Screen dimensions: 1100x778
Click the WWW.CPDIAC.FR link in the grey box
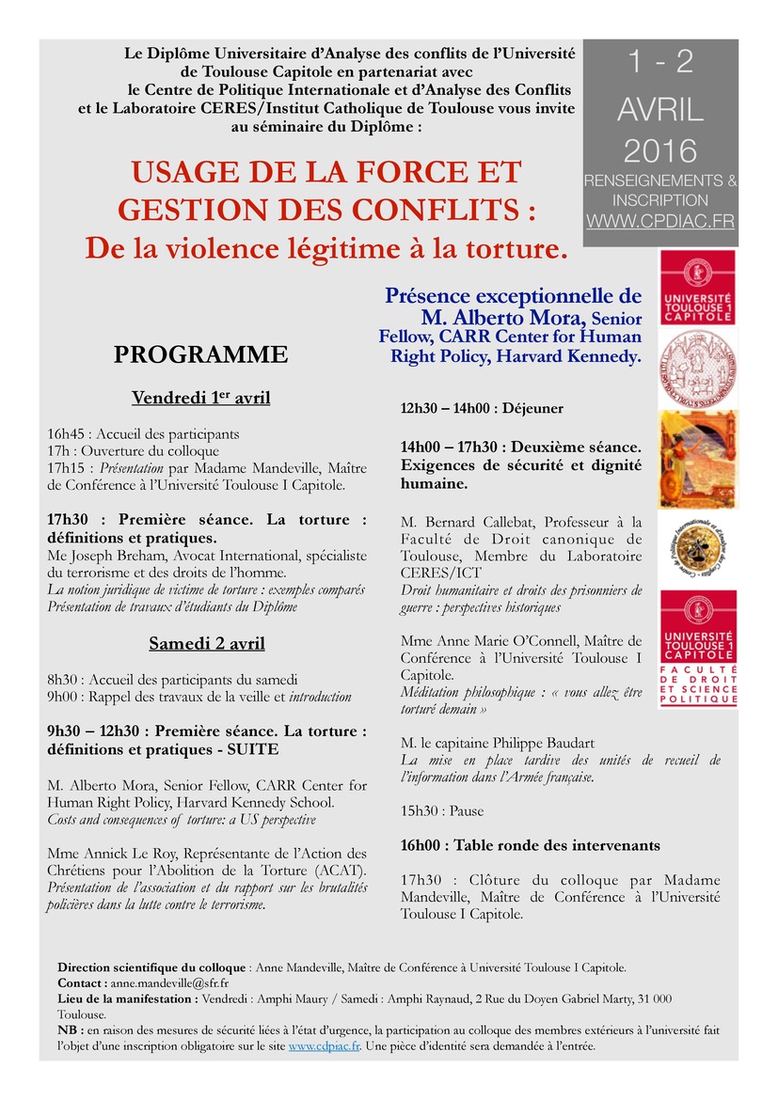(660, 223)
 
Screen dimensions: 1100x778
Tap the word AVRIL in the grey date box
(660, 110)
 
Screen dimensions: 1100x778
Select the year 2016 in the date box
(660, 150)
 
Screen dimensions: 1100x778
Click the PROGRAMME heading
(200, 354)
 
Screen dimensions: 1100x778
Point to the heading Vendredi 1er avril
(200, 398)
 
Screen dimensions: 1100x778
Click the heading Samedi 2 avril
(207, 643)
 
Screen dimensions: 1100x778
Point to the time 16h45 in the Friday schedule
(67, 434)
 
